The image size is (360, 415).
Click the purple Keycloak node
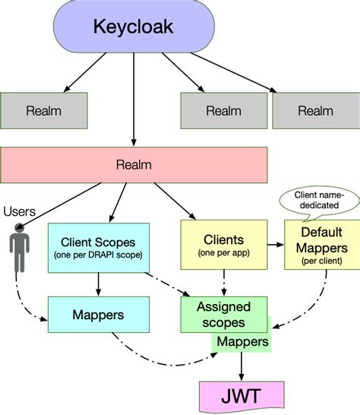coord(134,27)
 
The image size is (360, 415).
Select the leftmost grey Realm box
coord(43,110)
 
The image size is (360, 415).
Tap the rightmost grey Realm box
coord(315,110)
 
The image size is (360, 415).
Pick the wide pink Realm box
coord(134,164)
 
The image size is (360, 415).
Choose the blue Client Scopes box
coord(99,246)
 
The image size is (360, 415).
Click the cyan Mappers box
coord(99,312)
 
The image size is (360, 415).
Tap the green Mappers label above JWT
coord(242,342)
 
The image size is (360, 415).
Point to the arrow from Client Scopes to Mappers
coord(99,282)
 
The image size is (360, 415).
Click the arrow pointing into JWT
coord(242,367)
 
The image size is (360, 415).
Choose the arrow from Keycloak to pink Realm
coord(134,99)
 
